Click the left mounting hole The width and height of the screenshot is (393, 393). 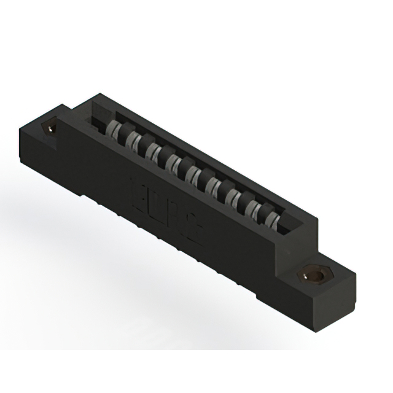tap(50, 128)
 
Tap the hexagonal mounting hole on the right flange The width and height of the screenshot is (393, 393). tap(315, 276)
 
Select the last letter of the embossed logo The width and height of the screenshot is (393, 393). tap(195, 229)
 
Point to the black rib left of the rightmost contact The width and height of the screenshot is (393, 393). tap(263, 211)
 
